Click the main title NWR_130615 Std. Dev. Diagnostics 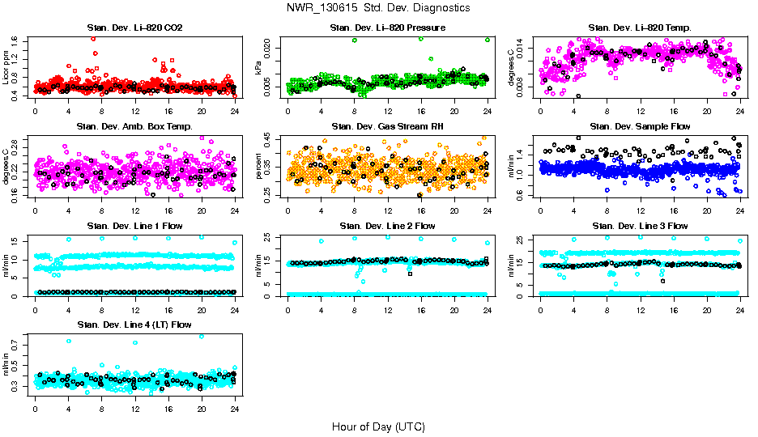(378, 7)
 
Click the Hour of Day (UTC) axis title (378, 426)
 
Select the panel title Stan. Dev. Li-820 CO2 (134, 28)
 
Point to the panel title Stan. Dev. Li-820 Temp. (640, 28)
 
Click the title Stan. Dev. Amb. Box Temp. (134, 126)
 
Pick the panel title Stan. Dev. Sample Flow (640, 126)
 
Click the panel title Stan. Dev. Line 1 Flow (134, 226)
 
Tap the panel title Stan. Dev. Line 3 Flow (640, 226)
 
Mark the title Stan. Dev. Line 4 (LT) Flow (134, 325)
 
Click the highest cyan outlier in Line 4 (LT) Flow (202, 336)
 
